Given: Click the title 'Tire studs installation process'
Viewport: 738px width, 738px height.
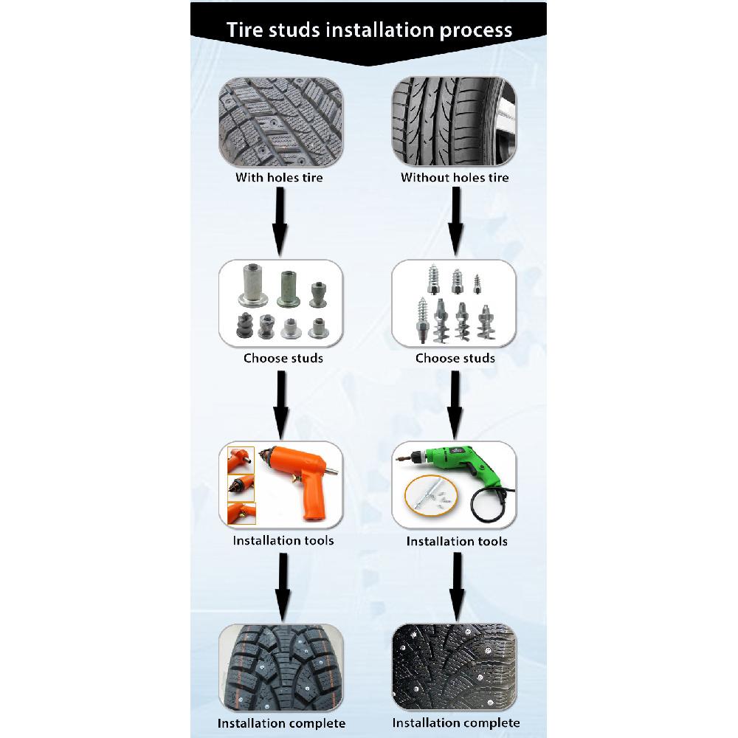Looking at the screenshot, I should click(368, 30).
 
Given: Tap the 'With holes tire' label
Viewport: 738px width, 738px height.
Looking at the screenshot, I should click(279, 178).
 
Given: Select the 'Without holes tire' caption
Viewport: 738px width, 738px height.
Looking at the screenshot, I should click(455, 178).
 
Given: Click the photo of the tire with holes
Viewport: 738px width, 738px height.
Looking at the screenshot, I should click(280, 122).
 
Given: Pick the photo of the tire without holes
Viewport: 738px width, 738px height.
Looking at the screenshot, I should click(454, 122).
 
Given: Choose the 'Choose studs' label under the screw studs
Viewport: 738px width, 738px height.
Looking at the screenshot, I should click(455, 359).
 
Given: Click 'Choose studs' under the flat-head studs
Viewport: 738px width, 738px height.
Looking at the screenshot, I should click(283, 359).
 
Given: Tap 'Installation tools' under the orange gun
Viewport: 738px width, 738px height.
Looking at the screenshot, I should click(283, 540).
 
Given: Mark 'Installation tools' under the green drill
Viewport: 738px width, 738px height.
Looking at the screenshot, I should click(457, 542).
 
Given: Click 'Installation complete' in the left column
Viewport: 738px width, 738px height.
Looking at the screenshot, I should click(281, 723).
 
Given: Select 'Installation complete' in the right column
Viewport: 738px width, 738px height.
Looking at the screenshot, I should click(456, 723).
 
